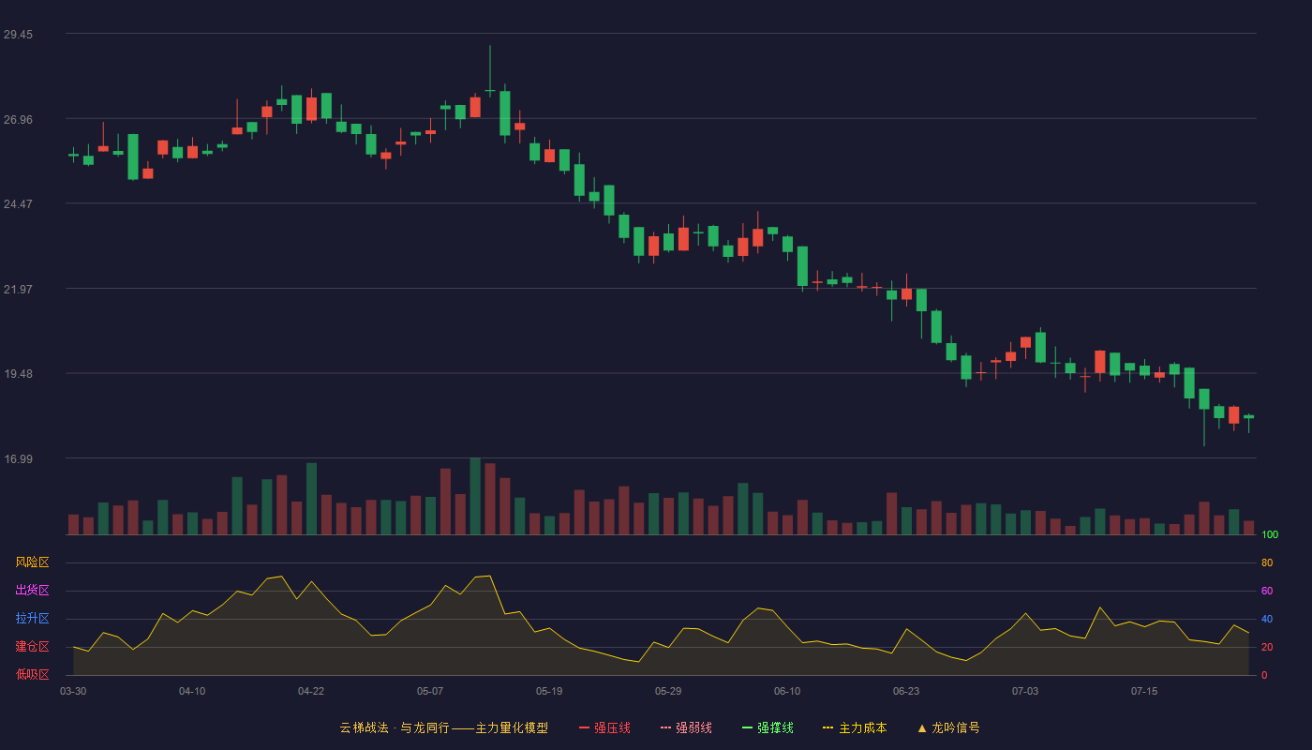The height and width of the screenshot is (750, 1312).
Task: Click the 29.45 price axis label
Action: click(x=18, y=35)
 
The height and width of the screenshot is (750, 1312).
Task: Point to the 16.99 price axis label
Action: click(x=18, y=458)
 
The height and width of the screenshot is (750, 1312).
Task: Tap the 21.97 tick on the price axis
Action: click(x=18, y=290)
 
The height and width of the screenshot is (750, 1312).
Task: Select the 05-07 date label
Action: click(x=430, y=692)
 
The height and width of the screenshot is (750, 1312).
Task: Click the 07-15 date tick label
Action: click(x=1144, y=692)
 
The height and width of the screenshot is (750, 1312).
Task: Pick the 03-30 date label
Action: click(x=73, y=692)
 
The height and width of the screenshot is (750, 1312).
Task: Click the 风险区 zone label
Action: click(x=32, y=562)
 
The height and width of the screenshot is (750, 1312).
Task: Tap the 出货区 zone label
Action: click(x=32, y=590)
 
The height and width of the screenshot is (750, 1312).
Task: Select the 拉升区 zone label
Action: click(x=32, y=618)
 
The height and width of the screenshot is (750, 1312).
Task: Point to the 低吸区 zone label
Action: click(x=32, y=674)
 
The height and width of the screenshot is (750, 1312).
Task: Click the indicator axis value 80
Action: click(x=1267, y=562)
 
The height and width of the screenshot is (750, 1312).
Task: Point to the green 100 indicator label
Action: click(x=1270, y=534)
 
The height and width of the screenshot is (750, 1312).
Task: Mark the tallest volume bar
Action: click(x=475, y=496)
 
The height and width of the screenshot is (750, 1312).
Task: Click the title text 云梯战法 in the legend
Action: click(x=365, y=727)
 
